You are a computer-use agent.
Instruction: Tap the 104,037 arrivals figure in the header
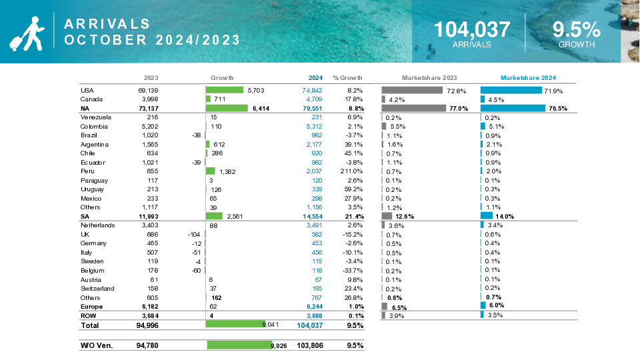click(472, 29)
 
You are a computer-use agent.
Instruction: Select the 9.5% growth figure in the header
click(577, 29)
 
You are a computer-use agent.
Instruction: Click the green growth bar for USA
click(225, 90)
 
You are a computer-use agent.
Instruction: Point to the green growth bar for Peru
click(211, 171)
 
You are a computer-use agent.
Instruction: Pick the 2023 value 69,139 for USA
click(147, 90)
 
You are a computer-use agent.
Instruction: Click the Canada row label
click(91, 99)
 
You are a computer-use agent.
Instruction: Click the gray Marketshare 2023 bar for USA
click(412, 90)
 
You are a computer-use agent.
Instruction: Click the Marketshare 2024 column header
click(528, 77)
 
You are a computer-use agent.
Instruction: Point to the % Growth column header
click(347, 77)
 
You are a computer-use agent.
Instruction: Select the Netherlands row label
click(98, 225)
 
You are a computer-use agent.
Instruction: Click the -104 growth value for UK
click(194, 235)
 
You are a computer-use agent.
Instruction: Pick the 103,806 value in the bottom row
click(309, 345)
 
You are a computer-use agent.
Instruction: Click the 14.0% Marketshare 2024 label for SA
click(504, 216)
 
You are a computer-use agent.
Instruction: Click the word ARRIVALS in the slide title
click(107, 24)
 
